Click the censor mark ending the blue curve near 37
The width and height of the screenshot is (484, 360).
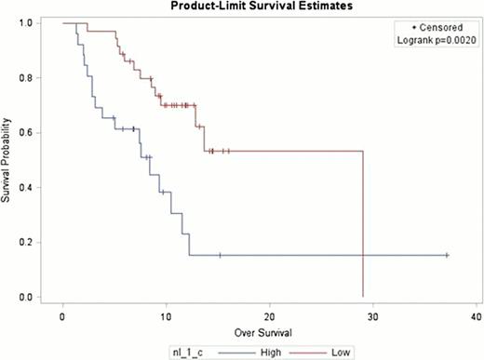click(447, 255)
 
